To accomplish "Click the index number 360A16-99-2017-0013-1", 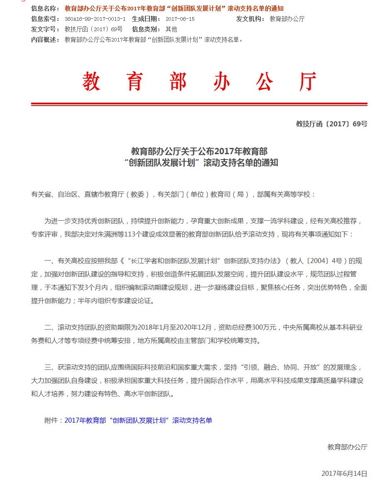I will [x=95, y=19].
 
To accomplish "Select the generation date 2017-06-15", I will [x=180, y=19].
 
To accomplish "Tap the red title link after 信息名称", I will [x=174, y=9].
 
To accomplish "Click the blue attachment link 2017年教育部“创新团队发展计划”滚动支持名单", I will [x=138, y=421].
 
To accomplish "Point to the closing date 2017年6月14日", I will [x=344, y=473].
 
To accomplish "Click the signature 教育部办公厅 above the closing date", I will [x=347, y=447].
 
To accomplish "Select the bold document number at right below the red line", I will [x=331, y=124].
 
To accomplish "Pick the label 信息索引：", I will [x=46, y=19].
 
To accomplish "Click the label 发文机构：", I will [x=250, y=19].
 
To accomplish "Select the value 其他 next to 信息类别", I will [x=171, y=29].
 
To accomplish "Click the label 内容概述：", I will [x=46, y=39].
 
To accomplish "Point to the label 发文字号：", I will [x=46, y=29].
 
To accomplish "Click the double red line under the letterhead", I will [x=199, y=104].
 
